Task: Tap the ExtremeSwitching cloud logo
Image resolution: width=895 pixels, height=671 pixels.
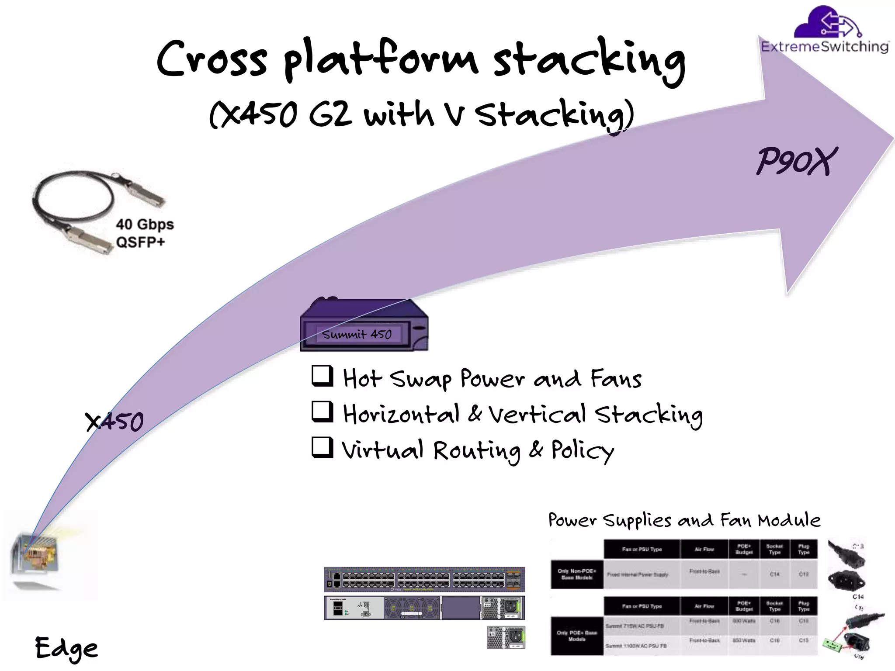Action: click(825, 30)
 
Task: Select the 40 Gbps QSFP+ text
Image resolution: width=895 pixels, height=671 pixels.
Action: click(144, 233)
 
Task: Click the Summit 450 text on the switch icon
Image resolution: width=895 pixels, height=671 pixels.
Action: click(357, 335)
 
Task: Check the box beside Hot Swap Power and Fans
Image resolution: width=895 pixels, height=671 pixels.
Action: click(323, 376)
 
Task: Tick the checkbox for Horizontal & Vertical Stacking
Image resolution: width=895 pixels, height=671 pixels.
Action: click(323, 412)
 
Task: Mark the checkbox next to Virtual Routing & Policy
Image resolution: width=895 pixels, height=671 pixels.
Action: click(323, 447)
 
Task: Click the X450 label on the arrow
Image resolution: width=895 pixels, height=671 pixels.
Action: click(114, 422)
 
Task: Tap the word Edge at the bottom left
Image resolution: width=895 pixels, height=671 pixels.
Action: click(66, 648)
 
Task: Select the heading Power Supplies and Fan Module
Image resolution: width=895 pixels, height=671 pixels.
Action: click(684, 520)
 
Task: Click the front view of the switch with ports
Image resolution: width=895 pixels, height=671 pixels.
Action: click(424, 580)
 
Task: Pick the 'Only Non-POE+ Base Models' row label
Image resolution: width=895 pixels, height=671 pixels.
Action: click(577, 574)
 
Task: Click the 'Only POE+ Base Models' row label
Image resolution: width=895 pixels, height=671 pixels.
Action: click(577, 636)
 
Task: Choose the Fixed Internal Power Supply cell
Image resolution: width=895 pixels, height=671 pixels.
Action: click(638, 574)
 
